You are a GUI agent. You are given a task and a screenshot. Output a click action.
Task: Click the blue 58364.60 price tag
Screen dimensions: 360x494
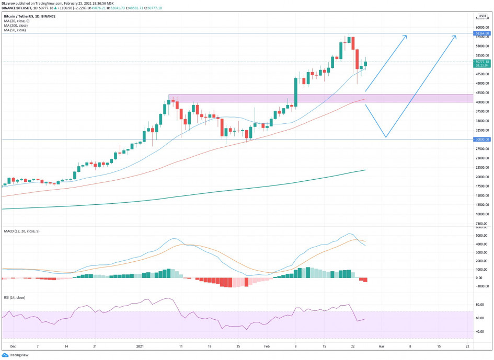pos(482,33)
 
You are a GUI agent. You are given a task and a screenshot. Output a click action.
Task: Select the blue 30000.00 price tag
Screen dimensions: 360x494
pos(482,140)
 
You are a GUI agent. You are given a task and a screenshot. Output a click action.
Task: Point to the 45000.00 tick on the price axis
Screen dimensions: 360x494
pos(481,83)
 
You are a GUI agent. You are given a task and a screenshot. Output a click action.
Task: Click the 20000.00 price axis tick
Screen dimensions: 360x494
pos(481,177)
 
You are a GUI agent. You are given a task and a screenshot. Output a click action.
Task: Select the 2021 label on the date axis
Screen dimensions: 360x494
pos(140,346)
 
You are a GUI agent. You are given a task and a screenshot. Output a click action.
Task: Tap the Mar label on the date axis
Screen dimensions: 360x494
pos(382,346)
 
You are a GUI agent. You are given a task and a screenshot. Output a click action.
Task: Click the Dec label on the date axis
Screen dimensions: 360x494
pos(13,346)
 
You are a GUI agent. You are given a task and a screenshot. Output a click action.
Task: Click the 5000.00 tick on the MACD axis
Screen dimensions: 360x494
pos(480,236)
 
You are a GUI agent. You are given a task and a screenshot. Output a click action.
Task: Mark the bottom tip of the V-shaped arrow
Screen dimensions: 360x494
pos(385,137)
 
